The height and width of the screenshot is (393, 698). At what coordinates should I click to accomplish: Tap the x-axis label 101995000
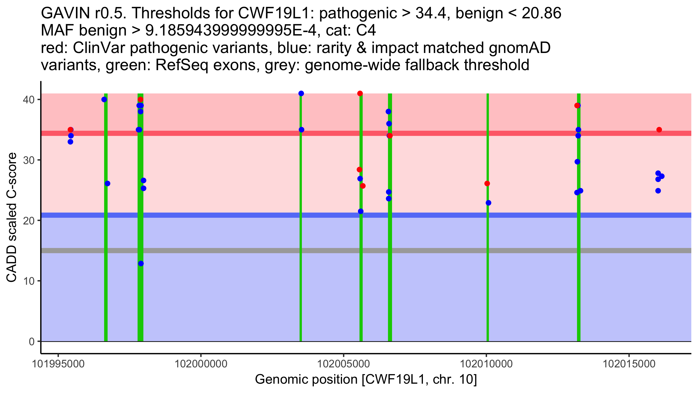pos(58,364)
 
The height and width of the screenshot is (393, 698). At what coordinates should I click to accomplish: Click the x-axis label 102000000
pos(201,364)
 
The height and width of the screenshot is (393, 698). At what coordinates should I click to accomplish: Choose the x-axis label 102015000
pos(629,364)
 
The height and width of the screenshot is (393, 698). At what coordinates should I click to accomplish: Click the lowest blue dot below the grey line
pos(141,263)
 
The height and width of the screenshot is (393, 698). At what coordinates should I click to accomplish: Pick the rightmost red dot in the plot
pos(659,130)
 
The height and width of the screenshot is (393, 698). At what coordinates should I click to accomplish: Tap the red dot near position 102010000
pos(487,183)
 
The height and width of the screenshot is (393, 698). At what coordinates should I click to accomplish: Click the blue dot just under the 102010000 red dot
pos(488,203)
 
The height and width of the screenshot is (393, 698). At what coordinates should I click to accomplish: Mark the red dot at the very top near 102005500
pos(360,93)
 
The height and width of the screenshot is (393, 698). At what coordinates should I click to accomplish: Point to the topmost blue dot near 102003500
pos(301,93)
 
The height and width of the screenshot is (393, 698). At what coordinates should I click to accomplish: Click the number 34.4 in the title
pos(430,13)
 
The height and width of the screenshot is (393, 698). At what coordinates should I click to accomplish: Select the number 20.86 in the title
pos(541,13)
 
